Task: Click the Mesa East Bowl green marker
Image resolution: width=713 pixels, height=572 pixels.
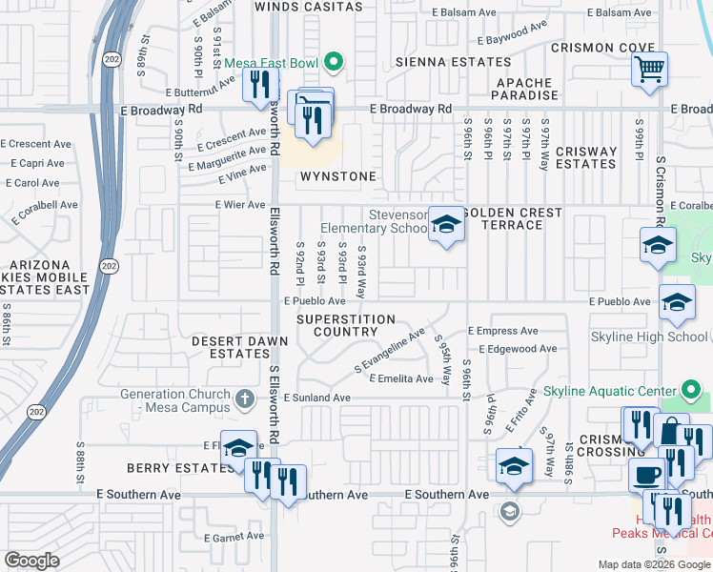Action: (x=333, y=64)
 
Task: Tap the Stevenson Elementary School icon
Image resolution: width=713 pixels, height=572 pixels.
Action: (x=445, y=225)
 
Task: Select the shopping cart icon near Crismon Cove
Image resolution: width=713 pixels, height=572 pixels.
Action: (x=649, y=68)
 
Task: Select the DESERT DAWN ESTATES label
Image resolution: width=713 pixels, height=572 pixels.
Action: (x=240, y=346)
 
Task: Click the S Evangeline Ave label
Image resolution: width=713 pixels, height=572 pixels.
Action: (x=390, y=352)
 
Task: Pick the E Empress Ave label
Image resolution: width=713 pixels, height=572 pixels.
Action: (x=503, y=331)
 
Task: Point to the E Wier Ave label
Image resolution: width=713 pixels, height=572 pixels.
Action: (x=242, y=205)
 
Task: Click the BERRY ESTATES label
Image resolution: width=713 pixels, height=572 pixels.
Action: (x=168, y=468)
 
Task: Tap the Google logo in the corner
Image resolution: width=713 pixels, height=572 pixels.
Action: (x=32, y=560)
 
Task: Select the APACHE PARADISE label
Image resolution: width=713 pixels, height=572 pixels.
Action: (x=526, y=89)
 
